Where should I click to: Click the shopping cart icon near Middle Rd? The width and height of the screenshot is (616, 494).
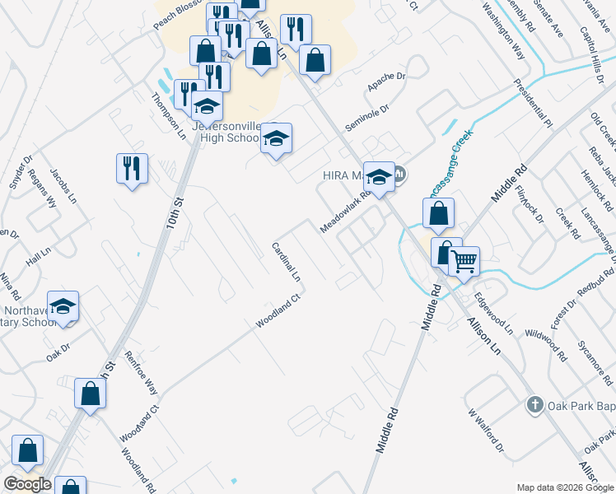[464, 262]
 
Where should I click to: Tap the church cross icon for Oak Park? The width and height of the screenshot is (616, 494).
[534, 404]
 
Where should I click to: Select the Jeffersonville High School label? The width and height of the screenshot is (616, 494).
[225, 132]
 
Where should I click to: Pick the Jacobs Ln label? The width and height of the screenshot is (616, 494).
[63, 187]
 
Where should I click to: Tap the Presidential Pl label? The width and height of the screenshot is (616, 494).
[531, 103]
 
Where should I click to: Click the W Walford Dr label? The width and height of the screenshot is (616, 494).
[484, 431]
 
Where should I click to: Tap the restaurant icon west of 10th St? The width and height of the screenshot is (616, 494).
[132, 169]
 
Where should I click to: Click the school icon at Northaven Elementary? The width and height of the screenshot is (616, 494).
[63, 307]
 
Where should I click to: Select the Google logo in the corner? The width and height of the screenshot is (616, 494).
[27, 484]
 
